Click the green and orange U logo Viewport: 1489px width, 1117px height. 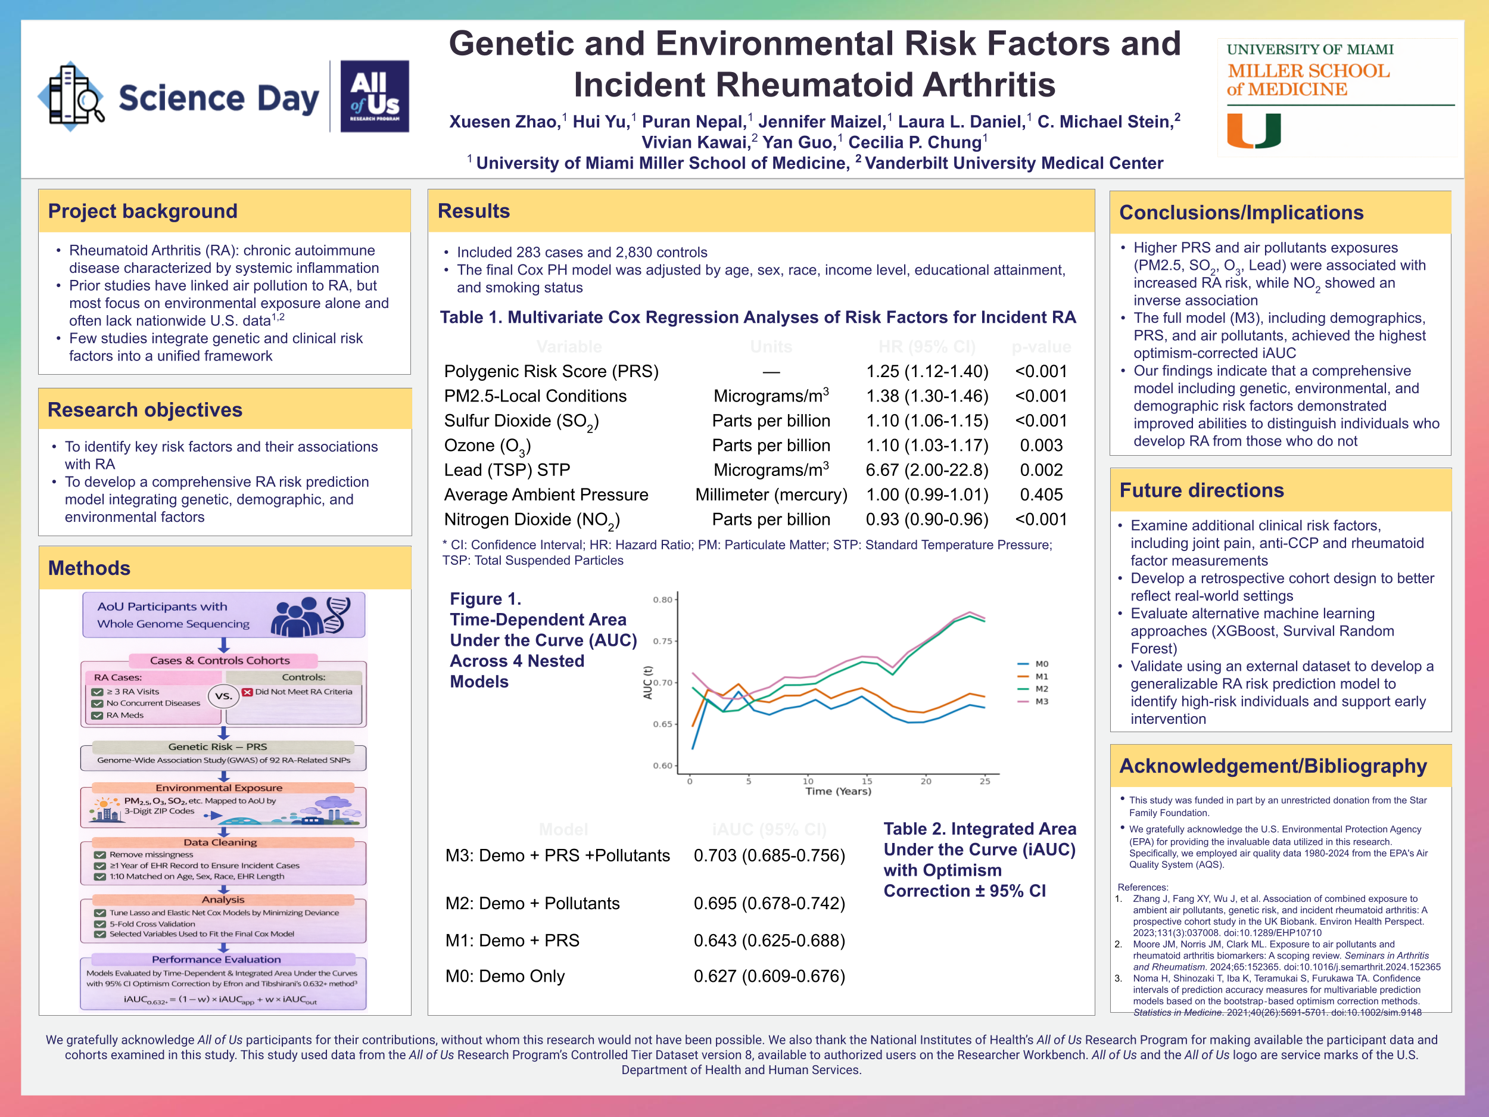1253,130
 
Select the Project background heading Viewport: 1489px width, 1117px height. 143,211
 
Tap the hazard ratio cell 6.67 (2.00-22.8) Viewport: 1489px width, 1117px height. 926,470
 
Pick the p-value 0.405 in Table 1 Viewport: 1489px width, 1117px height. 1041,495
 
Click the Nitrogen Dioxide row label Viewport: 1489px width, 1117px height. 531,520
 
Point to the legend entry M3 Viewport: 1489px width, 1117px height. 1041,701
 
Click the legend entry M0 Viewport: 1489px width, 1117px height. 1041,664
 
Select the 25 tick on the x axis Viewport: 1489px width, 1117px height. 984,781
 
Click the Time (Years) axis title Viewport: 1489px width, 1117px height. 838,791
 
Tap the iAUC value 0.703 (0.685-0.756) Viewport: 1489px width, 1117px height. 769,855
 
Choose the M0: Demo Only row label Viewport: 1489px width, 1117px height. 505,976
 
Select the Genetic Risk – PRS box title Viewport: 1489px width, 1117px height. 217,746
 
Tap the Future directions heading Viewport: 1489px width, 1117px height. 1201,490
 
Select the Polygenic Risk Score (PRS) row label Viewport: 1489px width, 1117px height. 551,372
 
